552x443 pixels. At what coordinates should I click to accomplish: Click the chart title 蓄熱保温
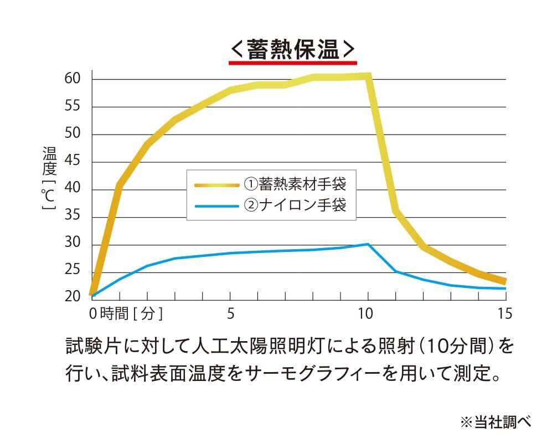[x=292, y=49]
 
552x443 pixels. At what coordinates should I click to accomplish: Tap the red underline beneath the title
[x=292, y=63]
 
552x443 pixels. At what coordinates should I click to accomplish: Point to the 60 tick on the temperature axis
[x=73, y=79]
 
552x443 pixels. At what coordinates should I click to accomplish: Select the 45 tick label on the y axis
[x=73, y=162]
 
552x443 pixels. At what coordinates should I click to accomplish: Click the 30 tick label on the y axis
[x=73, y=244]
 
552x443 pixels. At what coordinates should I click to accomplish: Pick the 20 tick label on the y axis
[x=73, y=297]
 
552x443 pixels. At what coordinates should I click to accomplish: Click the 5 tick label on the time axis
[x=230, y=314]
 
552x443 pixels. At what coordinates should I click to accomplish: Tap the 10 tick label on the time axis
[x=365, y=314]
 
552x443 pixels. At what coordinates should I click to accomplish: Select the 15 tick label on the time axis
[x=504, y=314]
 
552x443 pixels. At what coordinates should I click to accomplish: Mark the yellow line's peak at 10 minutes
[x=368, y=76]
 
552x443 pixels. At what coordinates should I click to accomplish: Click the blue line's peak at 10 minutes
[x=368, y=244]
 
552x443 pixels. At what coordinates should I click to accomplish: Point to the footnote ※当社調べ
[x=496, y=422]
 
